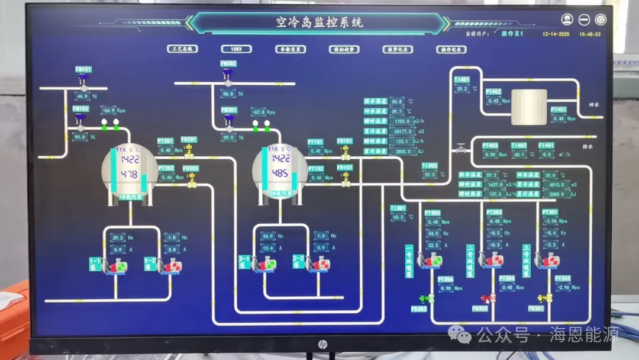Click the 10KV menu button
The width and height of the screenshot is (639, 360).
tap(236, 49)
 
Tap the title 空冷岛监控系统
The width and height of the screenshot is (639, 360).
tap(319, 23)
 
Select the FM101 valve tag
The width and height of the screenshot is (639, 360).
tap(83, 69)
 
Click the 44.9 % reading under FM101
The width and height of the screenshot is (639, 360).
tap(82, 95)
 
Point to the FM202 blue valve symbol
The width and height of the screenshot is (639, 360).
tap(228, 75)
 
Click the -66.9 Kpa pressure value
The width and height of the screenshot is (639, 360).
tap(108, 111)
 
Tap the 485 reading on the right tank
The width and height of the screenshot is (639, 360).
tap(280, 173)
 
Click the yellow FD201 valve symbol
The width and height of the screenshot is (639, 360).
tap(189, 152)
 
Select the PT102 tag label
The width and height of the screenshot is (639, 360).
tap(316, 168)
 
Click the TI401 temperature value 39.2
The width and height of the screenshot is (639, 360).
tap(461, 89)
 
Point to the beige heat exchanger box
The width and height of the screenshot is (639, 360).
tap(528, 107)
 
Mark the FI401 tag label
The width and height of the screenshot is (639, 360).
tap(546, 145)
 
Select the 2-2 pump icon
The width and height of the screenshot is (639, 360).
tap(323, 263)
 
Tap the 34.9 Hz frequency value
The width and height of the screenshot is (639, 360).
tap(267, 236)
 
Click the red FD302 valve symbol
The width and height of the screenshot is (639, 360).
tap(488, 298)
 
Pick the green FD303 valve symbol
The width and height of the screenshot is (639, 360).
tap(425, 298)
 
